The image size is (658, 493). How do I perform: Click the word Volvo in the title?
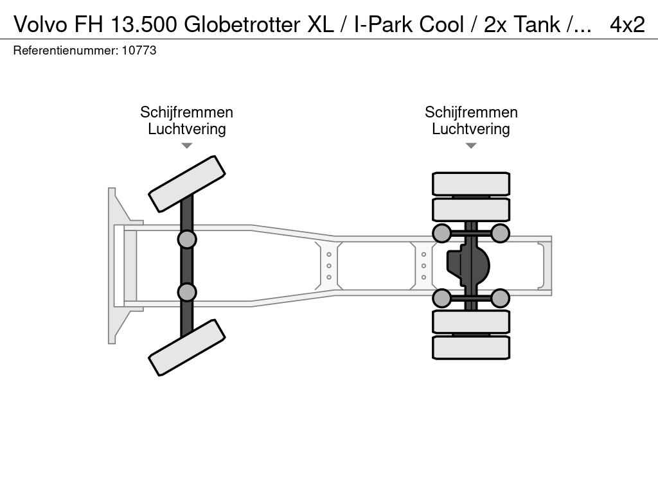click(40, 24)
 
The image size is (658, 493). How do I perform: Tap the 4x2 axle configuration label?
click(627, 24)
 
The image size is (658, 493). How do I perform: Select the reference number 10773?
click(139, 50)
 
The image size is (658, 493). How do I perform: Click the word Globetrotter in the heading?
click(242, 24)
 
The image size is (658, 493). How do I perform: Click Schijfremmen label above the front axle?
click(187, 112)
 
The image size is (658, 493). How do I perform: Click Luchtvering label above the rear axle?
click(471, 128)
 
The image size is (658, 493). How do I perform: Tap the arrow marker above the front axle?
click(187, 146)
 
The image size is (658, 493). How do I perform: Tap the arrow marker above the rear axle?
click(471, 146)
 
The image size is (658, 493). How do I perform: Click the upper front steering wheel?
click(187, 184)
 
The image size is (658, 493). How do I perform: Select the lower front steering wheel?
click(187, 347)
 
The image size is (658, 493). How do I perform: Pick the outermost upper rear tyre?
click(471, 184)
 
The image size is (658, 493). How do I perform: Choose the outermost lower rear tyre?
click(471, 347)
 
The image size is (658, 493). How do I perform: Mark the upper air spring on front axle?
click(187, 239)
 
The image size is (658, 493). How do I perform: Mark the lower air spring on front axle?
click(187, 292)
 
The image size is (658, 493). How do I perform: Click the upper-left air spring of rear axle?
click(441, 233)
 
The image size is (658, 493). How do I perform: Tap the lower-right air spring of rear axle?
click(500, 298)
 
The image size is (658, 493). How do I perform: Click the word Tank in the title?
click(537, 24)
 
